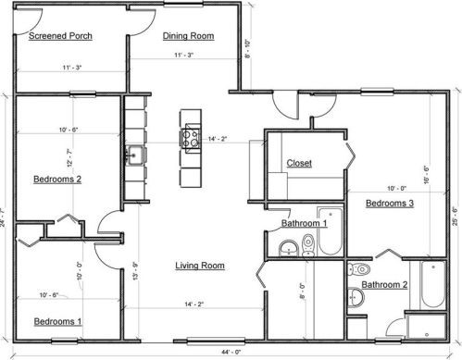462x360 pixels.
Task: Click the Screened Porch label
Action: [x=60, y=36]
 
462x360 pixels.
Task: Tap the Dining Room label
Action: [x=188, y=36]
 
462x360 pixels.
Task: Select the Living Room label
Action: [x=200, y=266]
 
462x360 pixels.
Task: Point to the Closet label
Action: [x=299, y=163]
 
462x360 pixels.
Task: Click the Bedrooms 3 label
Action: [x=390, y=204]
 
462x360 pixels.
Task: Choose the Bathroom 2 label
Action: [x=384, y=284]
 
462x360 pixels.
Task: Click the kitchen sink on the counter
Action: [x=134, y=155]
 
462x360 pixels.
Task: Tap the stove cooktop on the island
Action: [x=191, y=139]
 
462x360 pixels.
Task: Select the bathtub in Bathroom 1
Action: [x=331, y=231]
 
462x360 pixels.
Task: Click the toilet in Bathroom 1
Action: [x=307, y=245]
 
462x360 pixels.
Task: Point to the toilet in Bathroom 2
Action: [x=359, y=269]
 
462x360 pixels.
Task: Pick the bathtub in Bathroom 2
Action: [x=433, y=285]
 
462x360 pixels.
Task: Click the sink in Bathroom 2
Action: [x=356, y=297]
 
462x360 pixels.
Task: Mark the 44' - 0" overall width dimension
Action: [x=231, y=352]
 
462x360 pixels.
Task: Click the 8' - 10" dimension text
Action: [x=247, y=48]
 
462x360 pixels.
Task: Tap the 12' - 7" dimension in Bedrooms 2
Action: [x=69, y=158]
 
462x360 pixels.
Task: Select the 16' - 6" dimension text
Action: [x=427, y=175]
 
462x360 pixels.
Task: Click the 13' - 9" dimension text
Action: [x=136, y=271]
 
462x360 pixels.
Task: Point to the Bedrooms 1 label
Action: [x=57, y=322]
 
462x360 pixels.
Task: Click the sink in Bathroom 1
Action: [x=289, y=248]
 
